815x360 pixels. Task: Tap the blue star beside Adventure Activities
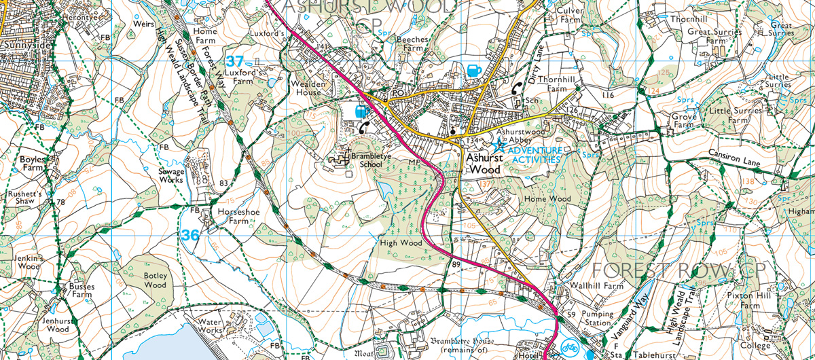(x=500, y=144)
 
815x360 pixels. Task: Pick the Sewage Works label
(x=170, y=176)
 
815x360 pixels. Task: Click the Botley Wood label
(x=155, y=281)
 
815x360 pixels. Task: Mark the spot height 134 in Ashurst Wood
(x=472, y=140)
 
